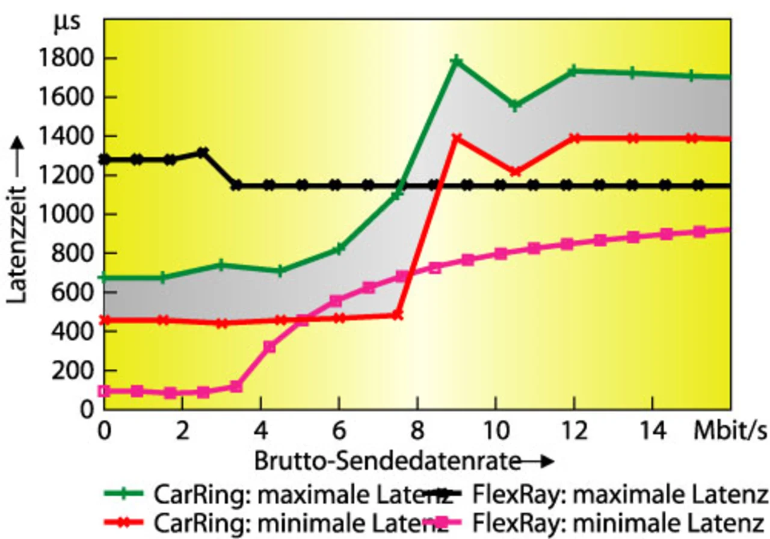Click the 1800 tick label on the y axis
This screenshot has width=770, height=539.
66,58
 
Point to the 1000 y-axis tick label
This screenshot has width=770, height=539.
66,215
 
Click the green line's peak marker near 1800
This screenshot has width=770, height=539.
457,61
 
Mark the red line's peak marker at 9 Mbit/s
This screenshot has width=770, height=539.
457,138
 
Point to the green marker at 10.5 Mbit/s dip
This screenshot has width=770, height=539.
514,105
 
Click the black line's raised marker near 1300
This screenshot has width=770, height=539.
203,153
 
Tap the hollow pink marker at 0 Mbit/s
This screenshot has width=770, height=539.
104,391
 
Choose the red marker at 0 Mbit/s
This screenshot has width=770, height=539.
104,320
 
